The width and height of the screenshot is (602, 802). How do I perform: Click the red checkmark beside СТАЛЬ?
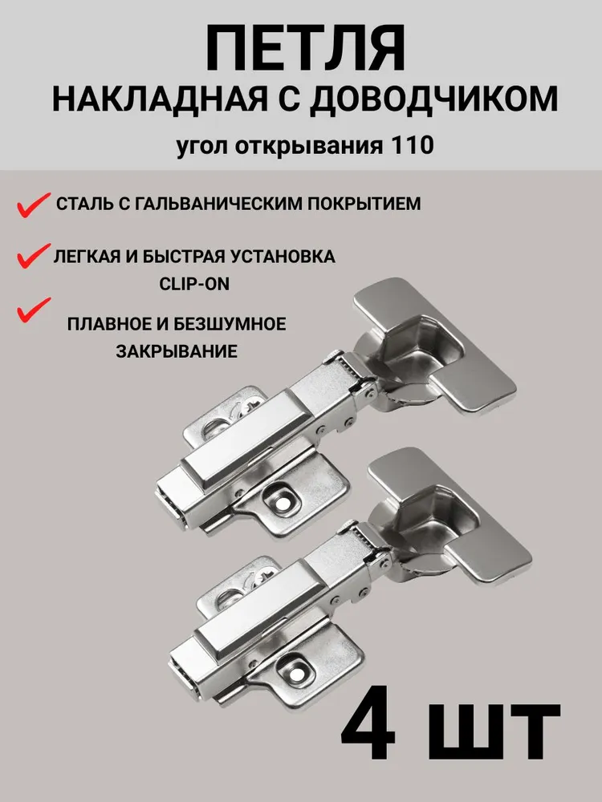pos(34,205)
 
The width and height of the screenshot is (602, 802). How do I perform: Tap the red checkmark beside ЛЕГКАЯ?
pos(34,256)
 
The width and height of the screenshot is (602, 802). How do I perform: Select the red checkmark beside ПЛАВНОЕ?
pos(34,310)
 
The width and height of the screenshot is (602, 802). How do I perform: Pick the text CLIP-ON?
pos(194,284)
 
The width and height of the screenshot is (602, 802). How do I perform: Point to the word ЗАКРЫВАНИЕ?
pos(176,351)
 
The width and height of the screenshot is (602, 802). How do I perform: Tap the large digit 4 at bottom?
pos(368,731)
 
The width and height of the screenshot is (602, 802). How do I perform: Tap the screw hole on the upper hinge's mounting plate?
pos(281,504)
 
